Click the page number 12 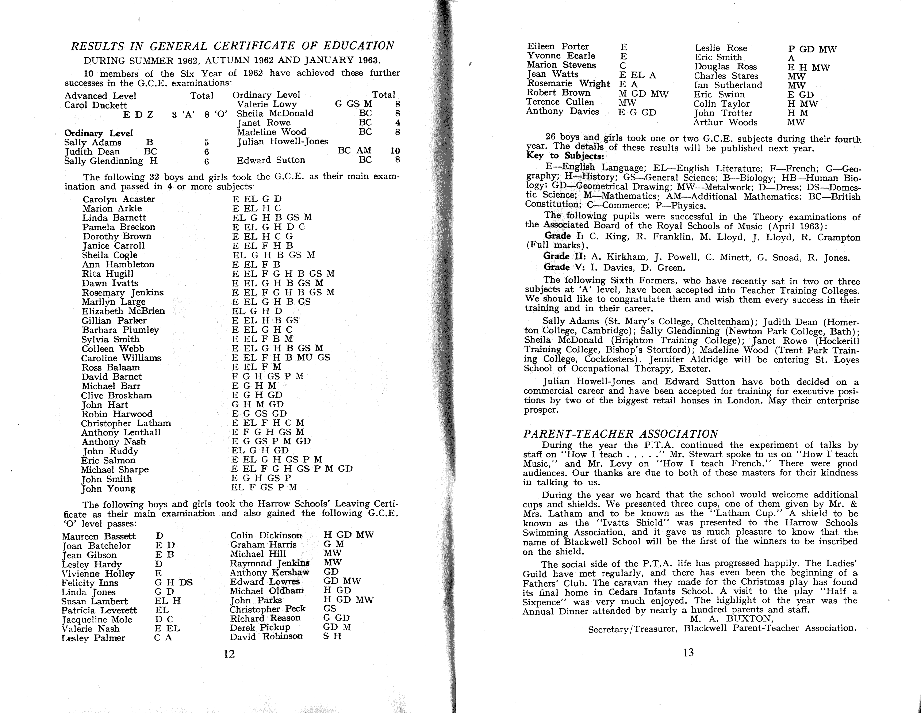click(x=229, y=654)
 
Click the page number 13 click(x=688, y=653)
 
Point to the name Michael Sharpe click(x=115, y=470)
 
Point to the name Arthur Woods click(x=725, y=122)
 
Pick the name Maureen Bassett click(x=99, y=536)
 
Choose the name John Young click(x=108, y=489)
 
